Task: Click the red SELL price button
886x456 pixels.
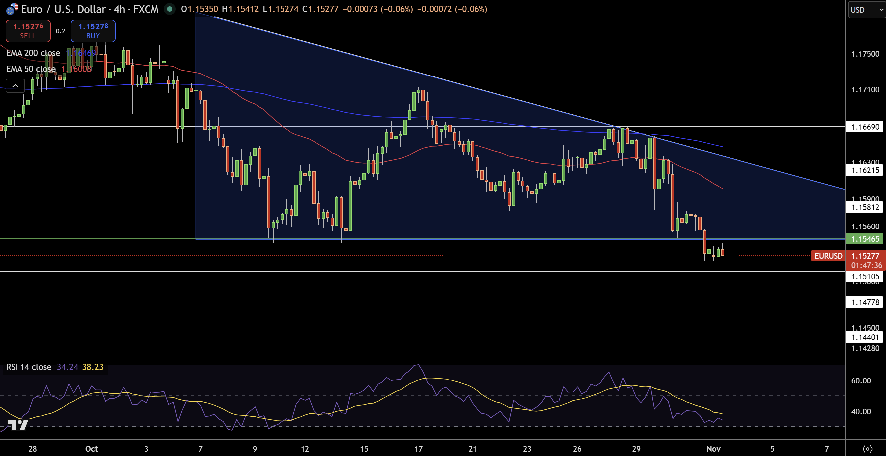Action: coord(28,31)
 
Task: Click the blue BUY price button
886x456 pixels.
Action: coord(93,31)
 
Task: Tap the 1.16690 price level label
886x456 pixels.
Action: coord(865,127)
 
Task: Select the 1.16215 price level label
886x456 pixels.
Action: coord(865,170)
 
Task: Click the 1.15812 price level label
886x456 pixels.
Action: coord(865,207)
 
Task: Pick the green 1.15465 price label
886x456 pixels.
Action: coord(865,239)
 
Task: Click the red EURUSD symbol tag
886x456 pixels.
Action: coord(828,256)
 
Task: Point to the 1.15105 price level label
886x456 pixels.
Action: coord(865,276)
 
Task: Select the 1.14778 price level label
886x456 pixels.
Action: coord(865,302)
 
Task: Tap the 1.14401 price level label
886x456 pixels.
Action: coord(865,337)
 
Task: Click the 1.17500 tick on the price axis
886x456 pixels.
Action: coord(865,54)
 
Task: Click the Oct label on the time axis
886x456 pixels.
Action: coord(92,449)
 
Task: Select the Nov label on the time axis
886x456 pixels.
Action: coord(713,449)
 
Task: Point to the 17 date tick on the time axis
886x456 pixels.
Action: coord(418,449)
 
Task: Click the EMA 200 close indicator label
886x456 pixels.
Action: coord(33,53)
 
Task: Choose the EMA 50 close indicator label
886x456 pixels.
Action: coord(31,69)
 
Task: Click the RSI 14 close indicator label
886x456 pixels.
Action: coord(29,367)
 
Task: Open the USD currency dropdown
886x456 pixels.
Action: coord(866,10)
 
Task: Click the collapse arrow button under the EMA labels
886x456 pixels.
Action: coord(15,86)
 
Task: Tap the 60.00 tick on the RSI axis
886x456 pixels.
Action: coord(861,380)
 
